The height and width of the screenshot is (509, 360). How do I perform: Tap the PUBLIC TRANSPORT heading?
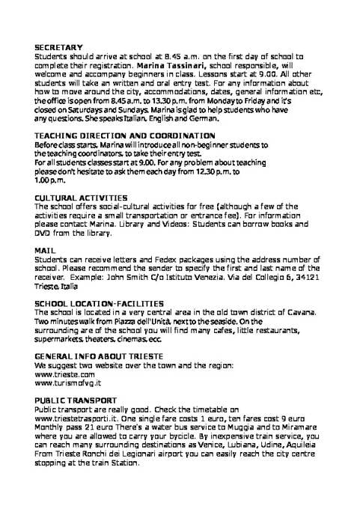(x=71, y=401)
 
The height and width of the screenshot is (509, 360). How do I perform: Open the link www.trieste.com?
(x=64, y=374)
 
